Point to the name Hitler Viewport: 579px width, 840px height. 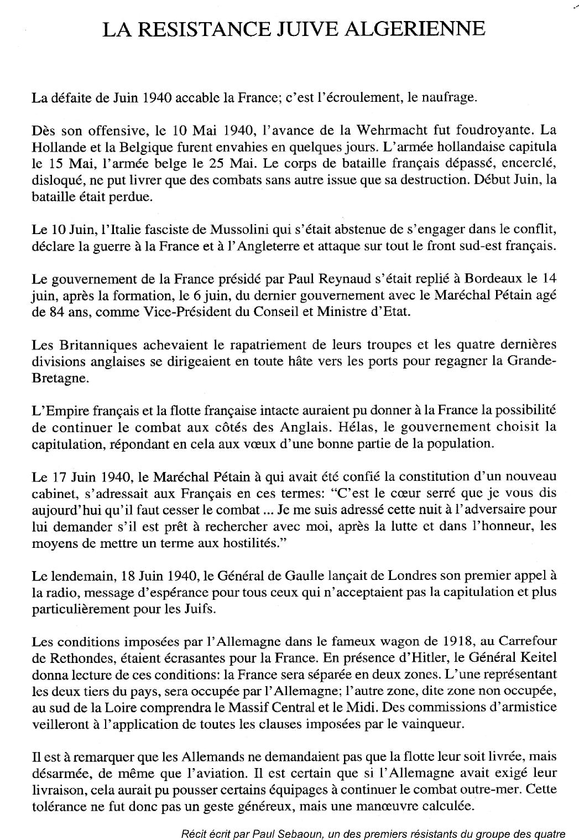click(404, 659)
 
